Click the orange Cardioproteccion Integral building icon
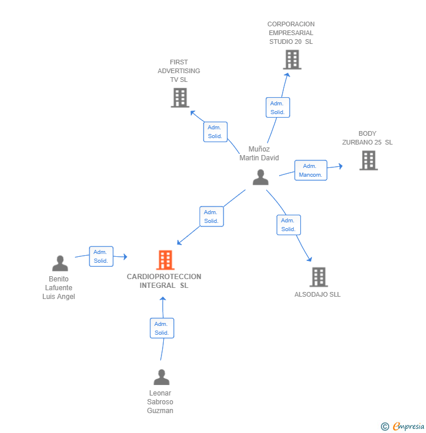pyautogui.click(x=166, y=260)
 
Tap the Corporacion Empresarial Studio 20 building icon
pyautogui.click(x=291, y=59)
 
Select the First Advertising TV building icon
pyautogui.click(x=180, y=98)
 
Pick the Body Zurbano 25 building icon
pyautogui.click(x=368, y=160)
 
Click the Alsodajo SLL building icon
pyautogui.click(x=318, y=277)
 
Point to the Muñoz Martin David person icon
pyautogui.click(x=260, y=177)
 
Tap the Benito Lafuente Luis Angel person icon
pyautogui.click(x=60, y=263)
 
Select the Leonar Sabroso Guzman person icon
pyautogui.click(x=161, y=377)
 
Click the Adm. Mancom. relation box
pyautogui.click(x=310, y=170)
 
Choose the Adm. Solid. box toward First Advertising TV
pyautogui.click(x=215, y=132)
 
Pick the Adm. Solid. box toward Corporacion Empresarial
pyautogui.click(x=277, y=108)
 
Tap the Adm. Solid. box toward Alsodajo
pyautogui.click(x=288, y=225)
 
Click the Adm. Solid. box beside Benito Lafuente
pyautogui.click(x=101, y=256)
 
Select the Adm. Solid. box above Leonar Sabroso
pyautogui.click(x=162, y=328)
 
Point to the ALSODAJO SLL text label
pyautogui.click(x=317, y=294)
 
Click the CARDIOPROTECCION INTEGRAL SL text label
pyautogui.click(x=164, y=281)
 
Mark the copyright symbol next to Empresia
pyautogui.click(x=384, y=427)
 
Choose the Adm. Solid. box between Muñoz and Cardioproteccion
pyautogui.click(x=211, y=216)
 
